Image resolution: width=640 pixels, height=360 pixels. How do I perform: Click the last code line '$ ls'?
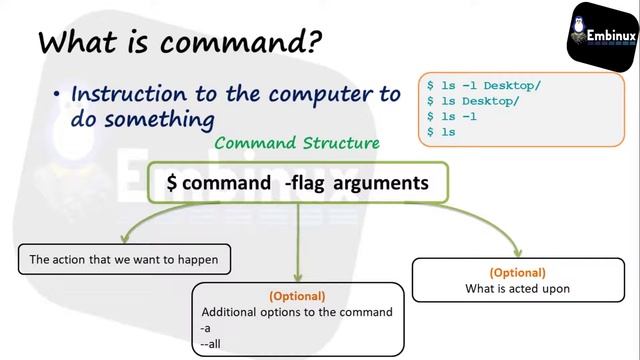click(x=441, y=131)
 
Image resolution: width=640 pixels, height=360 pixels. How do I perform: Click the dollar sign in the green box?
click(x=172, y=183)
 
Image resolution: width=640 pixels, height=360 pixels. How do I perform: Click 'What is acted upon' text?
click(x=517, y=289)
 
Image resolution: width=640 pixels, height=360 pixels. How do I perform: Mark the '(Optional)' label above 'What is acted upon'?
click(x=517, y=273)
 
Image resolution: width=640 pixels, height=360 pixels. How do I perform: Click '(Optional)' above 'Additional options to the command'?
click(x=297, y=296)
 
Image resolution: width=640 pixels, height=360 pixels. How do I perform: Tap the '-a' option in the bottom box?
click(x=207, y=328)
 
